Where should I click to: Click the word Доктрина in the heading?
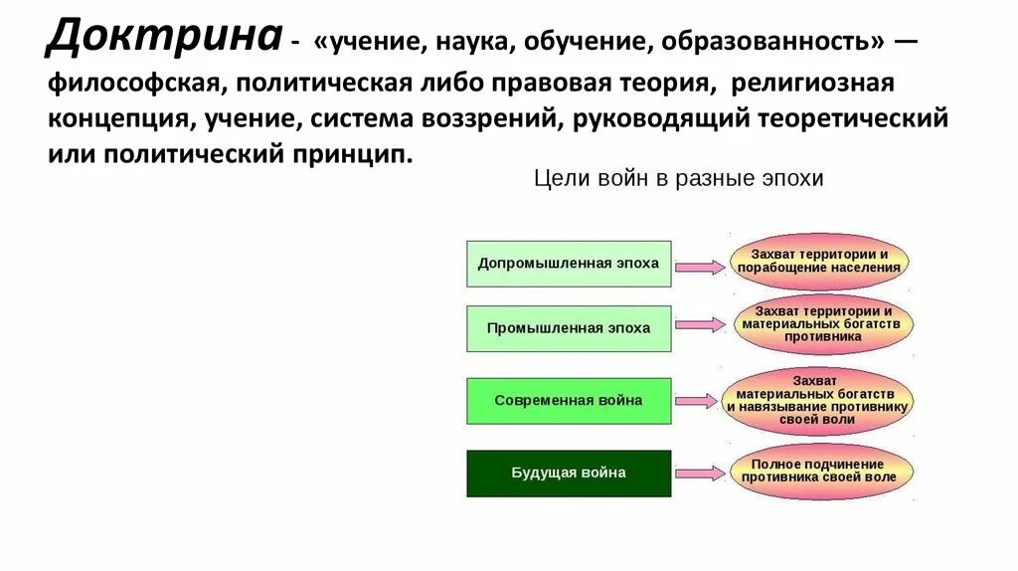163,38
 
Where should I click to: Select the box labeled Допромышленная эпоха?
569,264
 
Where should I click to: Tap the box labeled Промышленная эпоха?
569,328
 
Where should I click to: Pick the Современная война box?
569,401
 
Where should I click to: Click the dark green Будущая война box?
569,474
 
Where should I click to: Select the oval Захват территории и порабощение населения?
820,262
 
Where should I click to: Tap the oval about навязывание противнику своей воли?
818,400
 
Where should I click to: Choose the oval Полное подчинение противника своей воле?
818,472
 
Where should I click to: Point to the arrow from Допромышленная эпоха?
701,266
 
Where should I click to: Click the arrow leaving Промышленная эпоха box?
701,325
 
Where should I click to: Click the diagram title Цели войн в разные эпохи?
679,179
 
